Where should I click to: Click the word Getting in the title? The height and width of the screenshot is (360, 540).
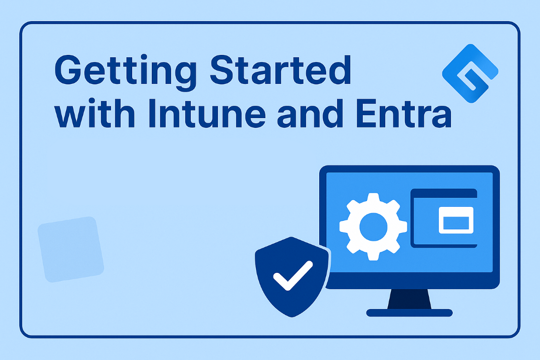pyautogui.click(x=125, y=72)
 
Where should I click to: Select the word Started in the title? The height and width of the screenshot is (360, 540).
pyautogui.click(x=281, y=69)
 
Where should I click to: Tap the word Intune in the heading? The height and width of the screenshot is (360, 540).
pyautogui.click(x=207, y=114)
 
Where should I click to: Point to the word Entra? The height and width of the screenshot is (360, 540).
pyautogui.click(x=404, y=114)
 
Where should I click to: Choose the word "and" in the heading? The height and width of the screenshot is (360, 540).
pyautogui.click(x=310, y=114)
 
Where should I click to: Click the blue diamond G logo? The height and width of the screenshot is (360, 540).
pyautogui.click(x=471, y=74)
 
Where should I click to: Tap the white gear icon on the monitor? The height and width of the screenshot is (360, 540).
pyautogui.click(x=373, y=227)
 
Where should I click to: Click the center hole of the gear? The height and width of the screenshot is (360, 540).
pyautogui.click(x=373, y=227)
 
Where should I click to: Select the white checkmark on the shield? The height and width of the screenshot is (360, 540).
pyautogui.click(x=293, y=275)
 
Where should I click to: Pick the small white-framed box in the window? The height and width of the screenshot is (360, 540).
pyautogui.click(x=456, y=220)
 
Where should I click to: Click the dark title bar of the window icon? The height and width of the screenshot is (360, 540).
pyautogui.click(x=443, y=193)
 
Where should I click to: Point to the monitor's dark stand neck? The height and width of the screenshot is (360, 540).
pyautogui.click(x=409, y=299)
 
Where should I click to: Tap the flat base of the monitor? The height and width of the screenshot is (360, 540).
pyautogui.click(x=409, y=313)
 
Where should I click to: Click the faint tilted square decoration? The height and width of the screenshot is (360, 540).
pyautogui.click(x=71, y=249)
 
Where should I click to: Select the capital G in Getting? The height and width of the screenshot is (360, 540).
pyautogui.click(x=68, y=69)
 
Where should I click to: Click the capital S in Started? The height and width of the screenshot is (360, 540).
pyautogui.click(x=222, y=69)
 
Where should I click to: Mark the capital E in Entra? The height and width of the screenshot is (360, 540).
pyautogui.click(x=366, y=114)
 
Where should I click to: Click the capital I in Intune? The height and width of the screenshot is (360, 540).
pyautogui.click(x=152, y=114)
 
